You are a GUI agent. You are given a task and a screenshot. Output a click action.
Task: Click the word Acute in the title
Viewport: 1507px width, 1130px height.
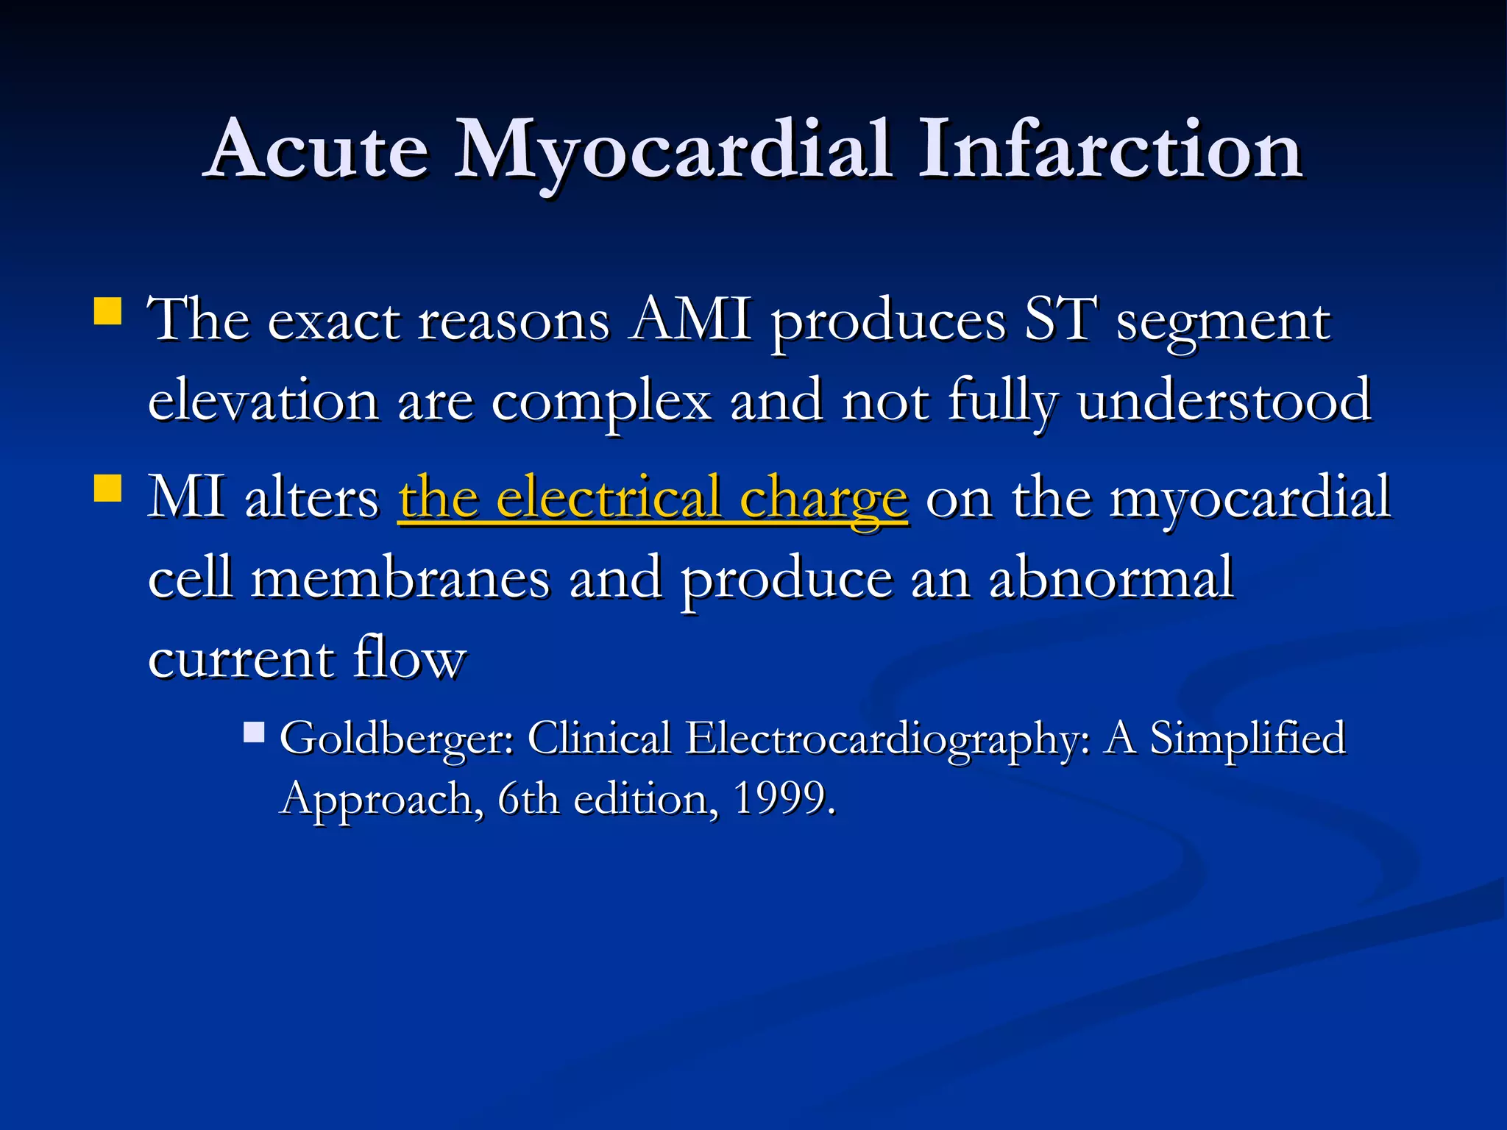coord(317,150)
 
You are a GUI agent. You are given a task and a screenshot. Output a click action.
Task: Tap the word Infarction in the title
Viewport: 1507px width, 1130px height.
coord(1110,150)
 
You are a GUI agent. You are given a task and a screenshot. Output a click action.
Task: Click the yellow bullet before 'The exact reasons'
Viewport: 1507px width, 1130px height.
coord(108,310)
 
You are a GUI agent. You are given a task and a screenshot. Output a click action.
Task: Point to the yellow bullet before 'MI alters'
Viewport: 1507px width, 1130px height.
coord(108,487)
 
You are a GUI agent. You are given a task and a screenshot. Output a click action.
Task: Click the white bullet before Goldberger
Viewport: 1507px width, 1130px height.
coord(254,732)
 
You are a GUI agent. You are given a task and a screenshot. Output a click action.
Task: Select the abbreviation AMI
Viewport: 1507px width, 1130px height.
coord(690,321)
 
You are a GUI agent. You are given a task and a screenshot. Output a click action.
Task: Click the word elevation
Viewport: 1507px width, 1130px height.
coord(263,401)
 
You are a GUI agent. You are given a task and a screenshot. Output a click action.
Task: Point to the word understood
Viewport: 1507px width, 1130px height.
coord(1224,401)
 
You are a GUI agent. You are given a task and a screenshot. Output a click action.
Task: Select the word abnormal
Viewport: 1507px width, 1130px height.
coord(1111,578)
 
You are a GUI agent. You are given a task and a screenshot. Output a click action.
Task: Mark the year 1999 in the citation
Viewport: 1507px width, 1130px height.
coord(783,798)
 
